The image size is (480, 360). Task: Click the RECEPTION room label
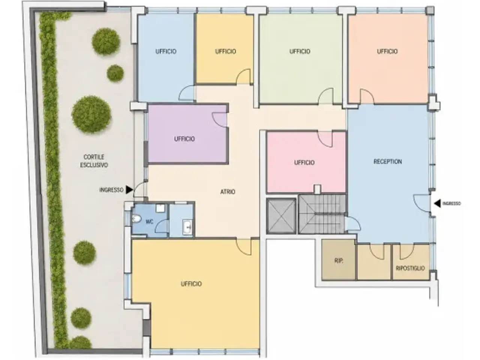[x=387, y=162]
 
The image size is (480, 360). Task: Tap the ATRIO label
[x=228, y=192]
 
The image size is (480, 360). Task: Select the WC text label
[x=149, y=222]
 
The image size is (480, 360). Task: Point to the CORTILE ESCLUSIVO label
[x=94, y=161]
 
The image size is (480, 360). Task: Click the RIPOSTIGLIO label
[x=411, y=268]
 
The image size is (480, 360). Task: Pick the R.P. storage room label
[x=339, y=261]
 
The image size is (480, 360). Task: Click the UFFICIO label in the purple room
[x=184, y=139]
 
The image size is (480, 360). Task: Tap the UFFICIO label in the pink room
[x=304, y=162]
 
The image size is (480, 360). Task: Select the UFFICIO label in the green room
[x=300, y=51]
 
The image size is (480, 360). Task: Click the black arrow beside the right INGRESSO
[x=437, y=204]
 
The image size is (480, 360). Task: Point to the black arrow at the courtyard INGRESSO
[x=129, y=190]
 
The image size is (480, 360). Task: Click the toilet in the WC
[x=136, y=219]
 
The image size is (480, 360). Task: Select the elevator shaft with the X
[x=281, y=216]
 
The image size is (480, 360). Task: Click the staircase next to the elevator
[x=322, y=214]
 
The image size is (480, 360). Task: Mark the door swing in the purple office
[x=219, y=120]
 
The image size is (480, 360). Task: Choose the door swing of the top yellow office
[x=243, y=76]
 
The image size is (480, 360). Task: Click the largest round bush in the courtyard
[x=91, y=114]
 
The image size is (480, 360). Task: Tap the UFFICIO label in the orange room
[x=387, y=51]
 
